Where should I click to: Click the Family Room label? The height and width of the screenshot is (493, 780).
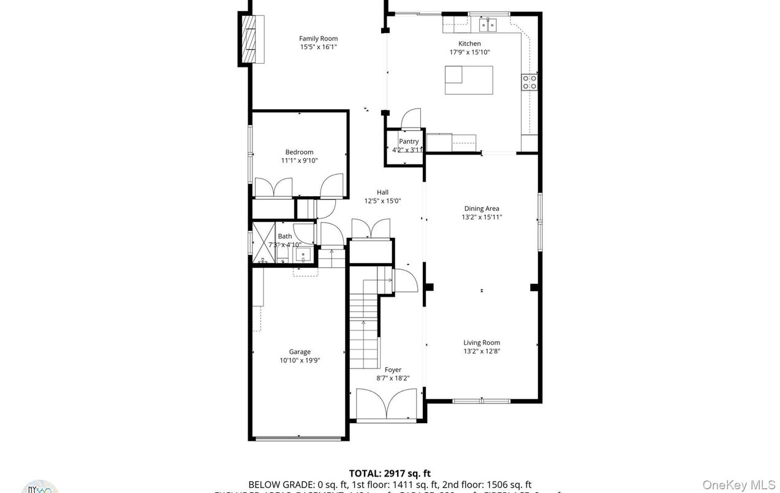click(318, 39)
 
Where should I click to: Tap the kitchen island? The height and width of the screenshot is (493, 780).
click(468, 80)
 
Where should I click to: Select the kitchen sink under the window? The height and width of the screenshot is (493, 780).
click(488, 25)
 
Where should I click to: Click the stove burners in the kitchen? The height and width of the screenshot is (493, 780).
click(529, 82)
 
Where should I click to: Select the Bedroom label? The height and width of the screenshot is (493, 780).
click(299, 152)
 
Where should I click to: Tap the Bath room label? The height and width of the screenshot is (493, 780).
click(285, 236)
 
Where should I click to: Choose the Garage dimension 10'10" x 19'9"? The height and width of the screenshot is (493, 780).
click(300, 361)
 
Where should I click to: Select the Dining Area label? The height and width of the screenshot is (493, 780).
click(482, 208)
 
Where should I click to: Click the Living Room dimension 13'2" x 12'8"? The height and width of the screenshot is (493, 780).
click(482, 351)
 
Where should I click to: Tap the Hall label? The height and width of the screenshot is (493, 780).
click(382, 192)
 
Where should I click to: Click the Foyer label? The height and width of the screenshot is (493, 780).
click(393, 370)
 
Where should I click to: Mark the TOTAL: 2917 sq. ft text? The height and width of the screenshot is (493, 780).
click(390, 473)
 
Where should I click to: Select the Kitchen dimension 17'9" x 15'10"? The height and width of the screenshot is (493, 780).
click(469, 52)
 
